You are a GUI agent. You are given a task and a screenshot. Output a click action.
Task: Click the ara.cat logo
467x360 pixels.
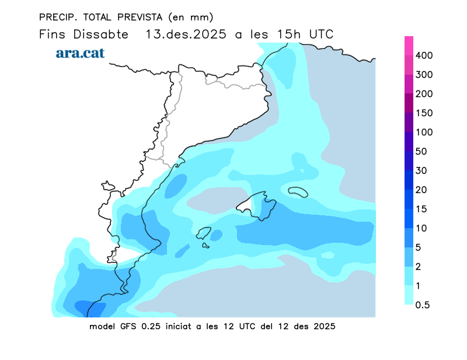80,53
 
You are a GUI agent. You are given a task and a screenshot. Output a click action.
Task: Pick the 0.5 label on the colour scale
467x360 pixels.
421,305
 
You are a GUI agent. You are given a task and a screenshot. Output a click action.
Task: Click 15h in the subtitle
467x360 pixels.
289,34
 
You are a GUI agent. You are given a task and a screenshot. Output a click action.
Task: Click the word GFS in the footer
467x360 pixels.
131,326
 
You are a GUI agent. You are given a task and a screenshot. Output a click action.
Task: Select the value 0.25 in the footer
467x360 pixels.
156,326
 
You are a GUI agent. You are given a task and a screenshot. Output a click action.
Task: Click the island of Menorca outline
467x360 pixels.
298,191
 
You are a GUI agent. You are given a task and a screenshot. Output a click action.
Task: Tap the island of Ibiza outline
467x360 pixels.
203,233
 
